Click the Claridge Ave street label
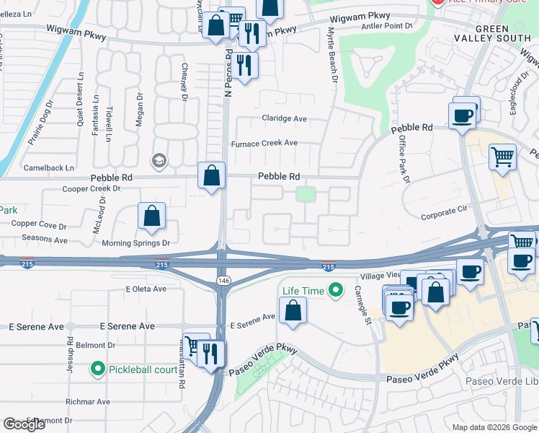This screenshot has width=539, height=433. [x=283, y=119]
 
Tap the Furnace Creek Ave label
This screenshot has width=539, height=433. [x=264, y=144]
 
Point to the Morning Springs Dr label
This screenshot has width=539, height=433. [x=135, y=243]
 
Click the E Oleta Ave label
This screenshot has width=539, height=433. [x=146, y=289]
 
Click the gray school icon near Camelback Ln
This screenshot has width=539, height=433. [x=158, y=160]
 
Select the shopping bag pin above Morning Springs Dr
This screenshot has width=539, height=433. [x=152, y=216]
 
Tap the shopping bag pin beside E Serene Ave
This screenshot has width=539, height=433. [x=293, y=310]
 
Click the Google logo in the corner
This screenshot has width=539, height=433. [x=24, y=424]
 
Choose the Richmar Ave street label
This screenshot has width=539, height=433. [x=87, y=401]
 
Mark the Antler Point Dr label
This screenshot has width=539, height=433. [x=388, y=25]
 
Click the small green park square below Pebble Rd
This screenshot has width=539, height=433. [x=306, y=194]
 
